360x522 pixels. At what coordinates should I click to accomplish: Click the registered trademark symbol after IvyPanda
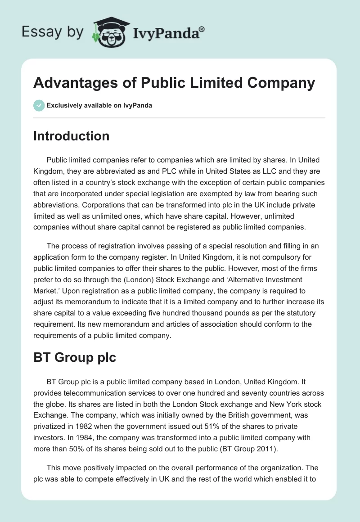coord(202,30)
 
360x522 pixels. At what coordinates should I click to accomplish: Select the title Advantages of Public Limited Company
coord(174,84)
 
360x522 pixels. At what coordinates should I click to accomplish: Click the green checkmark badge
coord(39,105)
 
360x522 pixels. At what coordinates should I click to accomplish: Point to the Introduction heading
coord(72,136)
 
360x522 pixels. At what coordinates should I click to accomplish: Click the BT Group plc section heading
coord(75,357)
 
